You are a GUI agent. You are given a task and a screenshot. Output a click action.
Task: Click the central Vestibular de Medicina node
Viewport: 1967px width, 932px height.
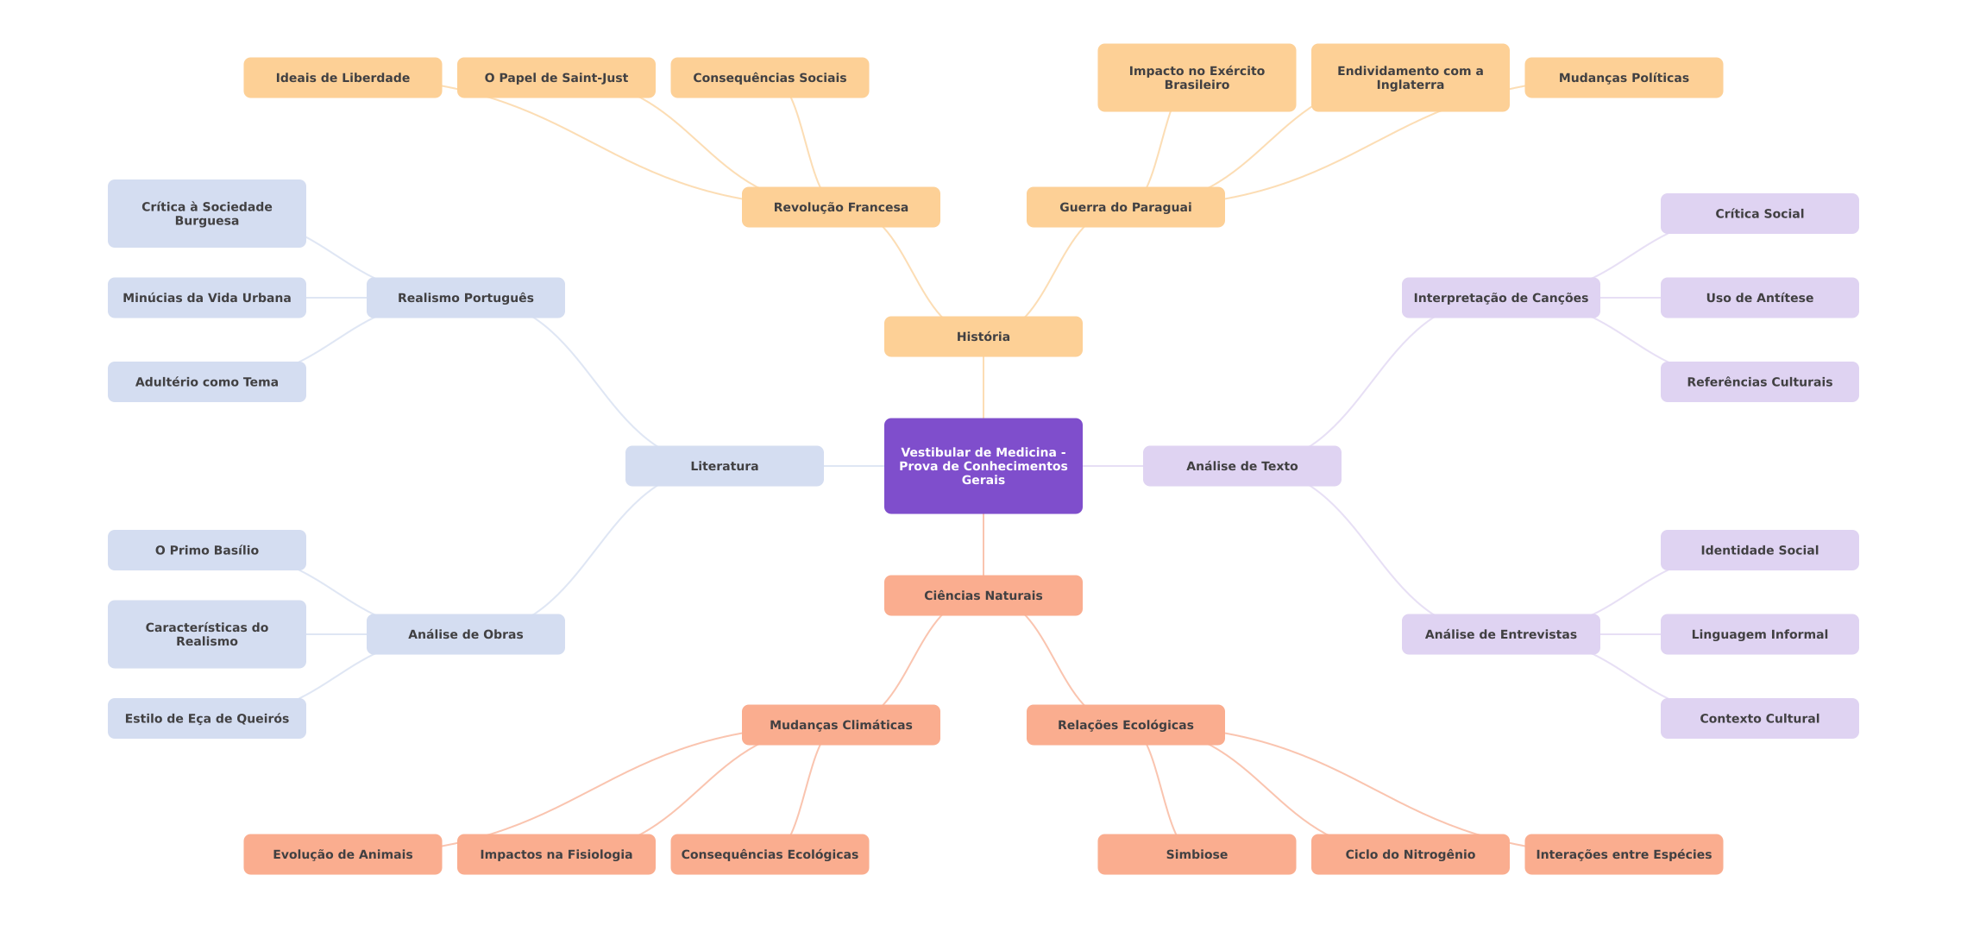(983, 466)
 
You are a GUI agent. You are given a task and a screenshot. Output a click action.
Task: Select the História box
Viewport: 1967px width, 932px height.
(983, 337)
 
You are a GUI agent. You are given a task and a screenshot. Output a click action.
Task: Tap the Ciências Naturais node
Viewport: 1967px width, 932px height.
(983, 595)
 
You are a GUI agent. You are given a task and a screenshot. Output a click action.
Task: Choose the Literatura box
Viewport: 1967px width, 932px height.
(725, 466)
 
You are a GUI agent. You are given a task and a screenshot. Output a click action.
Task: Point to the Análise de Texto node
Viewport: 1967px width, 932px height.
(1242, 466)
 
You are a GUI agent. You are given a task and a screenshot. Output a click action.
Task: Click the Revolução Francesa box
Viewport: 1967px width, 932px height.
(841, 207)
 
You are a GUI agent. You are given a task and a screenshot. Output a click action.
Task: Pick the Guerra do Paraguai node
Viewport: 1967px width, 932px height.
(1126, 207)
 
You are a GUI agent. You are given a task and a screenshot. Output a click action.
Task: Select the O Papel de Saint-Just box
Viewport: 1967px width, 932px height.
(556, 78)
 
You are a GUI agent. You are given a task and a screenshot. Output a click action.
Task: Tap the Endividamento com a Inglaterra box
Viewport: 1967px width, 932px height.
(1411, 78)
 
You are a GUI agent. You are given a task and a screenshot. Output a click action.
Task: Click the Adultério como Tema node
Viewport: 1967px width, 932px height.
(207, 381)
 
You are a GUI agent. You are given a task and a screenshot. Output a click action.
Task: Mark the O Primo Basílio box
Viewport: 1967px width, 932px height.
(207, 550)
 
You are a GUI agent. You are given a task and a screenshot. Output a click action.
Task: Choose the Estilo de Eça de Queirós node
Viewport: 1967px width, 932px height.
(207, 718)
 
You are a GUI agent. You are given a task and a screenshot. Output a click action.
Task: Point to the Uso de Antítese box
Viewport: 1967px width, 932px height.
(1760, 298)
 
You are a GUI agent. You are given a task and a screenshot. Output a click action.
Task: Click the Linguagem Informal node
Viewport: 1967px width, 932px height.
(1760, 634)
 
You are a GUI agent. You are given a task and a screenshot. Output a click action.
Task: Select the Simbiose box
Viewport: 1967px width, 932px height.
(1197, 854)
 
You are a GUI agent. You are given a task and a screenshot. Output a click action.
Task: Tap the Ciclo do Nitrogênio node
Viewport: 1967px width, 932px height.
(1411, 854)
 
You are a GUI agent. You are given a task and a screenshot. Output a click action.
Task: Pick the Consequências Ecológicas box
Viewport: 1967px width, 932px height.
(770, 854)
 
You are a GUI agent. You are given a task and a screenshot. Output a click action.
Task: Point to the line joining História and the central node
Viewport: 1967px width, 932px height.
(983, 387)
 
